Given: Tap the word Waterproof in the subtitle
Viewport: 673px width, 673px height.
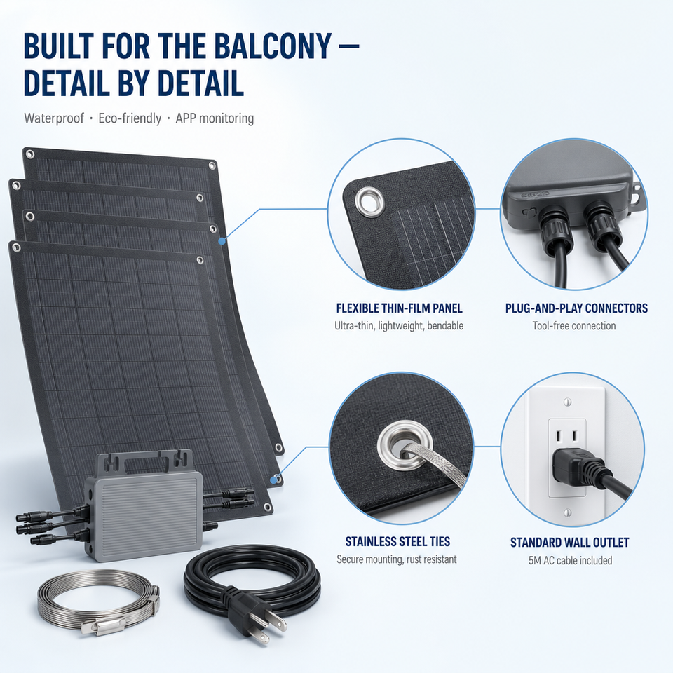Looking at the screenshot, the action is click(54, 118).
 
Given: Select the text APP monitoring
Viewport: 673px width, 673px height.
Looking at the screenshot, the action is click(215, 118).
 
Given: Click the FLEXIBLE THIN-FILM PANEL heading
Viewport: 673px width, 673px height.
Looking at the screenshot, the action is click(399, 308).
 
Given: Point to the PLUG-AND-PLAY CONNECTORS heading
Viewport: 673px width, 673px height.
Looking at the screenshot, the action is click(576, 308).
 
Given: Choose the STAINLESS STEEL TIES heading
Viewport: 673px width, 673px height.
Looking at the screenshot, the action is click(398, 542).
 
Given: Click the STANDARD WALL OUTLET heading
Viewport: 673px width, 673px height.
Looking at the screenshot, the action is click(569, 543).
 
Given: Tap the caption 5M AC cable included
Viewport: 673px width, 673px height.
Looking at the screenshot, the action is click(571, 561).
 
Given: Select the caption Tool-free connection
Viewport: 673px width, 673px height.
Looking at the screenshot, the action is click(574, 326).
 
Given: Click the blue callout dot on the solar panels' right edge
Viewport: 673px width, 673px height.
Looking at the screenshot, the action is click(222, 241).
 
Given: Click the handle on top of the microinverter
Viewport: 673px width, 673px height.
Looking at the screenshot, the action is click(144, 458).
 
